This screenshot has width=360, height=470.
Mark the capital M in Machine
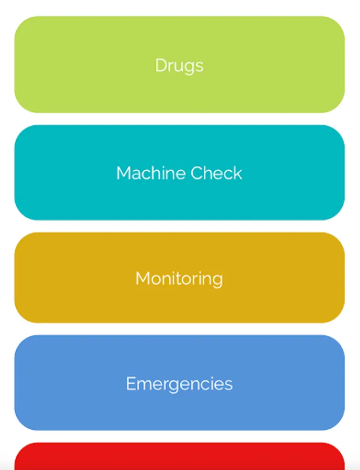[123, 173]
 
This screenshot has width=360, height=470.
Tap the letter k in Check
[238, 173]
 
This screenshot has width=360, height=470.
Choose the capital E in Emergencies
[131, 384]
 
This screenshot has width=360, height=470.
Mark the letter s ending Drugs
[199, 66]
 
